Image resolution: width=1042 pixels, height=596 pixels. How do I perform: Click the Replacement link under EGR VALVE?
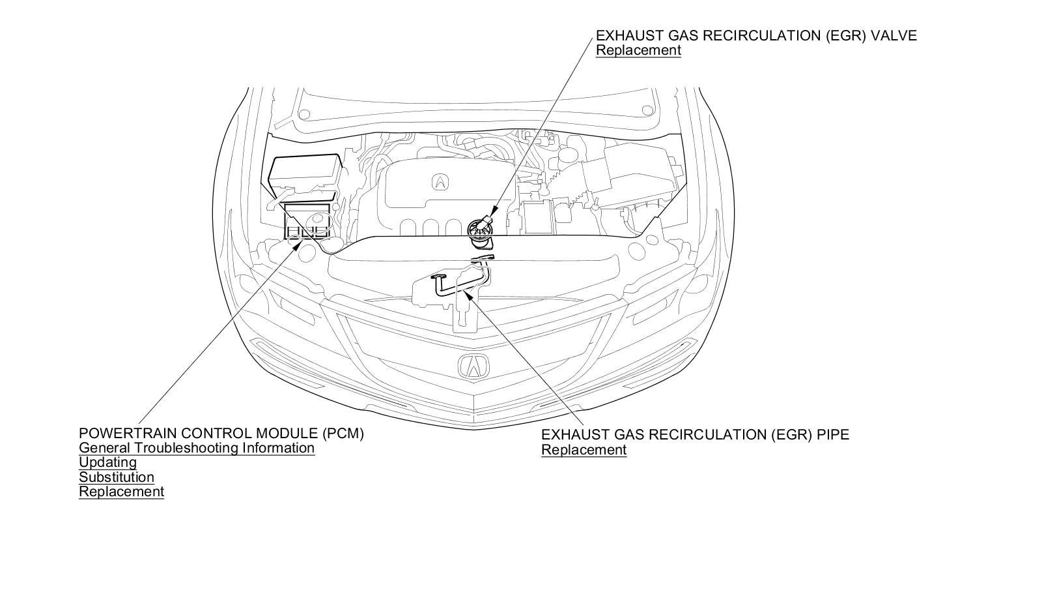tap(638, 50)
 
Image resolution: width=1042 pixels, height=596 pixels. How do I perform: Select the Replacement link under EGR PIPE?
tap(584, 450)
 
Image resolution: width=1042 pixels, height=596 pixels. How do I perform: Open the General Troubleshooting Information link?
tap(197, 448)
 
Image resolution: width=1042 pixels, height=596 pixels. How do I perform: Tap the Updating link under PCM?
tap(107, 462)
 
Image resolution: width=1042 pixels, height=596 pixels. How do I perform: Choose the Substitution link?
tap(117, 477)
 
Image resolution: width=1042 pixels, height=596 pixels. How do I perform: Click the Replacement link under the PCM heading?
tap(121, 492)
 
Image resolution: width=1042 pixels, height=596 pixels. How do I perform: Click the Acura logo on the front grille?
tap(473, 366)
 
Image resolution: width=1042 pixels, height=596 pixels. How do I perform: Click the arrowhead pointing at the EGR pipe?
tap(468, 295)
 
